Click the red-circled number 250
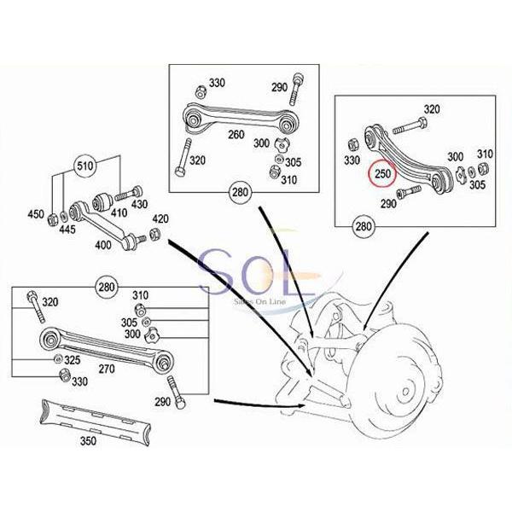coord(383,174)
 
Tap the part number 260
coord(236,134)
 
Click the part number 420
coord(159,218)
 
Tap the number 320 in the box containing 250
coord(432,109)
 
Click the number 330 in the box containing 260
coord(217,83)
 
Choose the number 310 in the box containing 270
coord(141,294)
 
